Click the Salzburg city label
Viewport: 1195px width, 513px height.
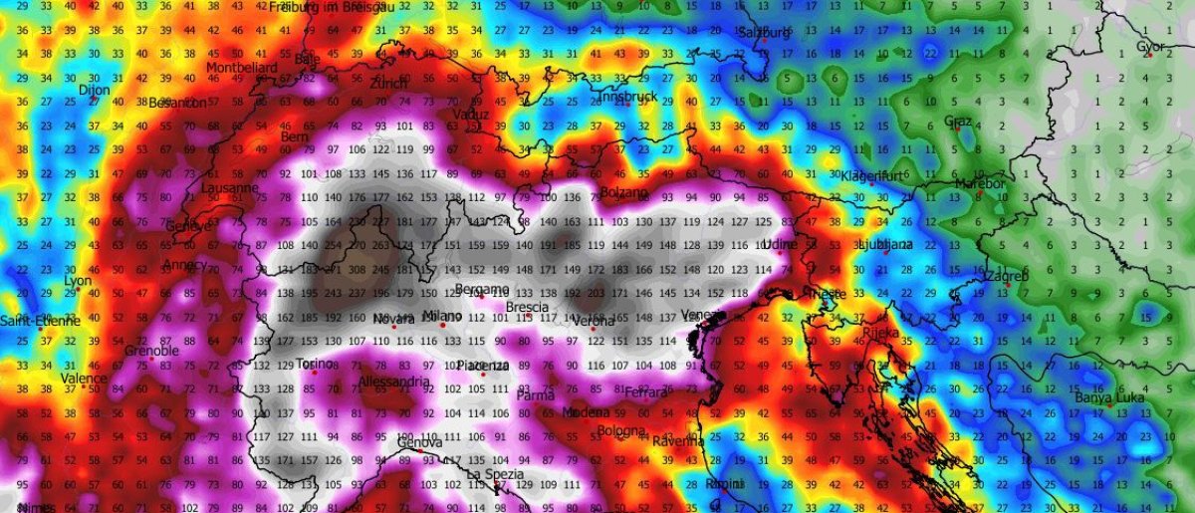[x=764, y=33]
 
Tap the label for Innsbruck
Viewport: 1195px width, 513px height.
[x=625, y=98]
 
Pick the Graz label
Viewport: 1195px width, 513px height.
[x=957, y=122]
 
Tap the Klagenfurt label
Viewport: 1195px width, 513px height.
[x=871, y=175]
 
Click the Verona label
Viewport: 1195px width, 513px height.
[x=596, y=321]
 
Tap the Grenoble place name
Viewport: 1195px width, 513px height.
[x=152, y=352]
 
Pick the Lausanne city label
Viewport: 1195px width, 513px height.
[x=230, y=187]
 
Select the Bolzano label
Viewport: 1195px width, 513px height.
[x=625, y=191]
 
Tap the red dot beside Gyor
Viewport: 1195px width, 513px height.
[x=1148, y=56]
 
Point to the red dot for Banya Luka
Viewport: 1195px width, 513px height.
[x=1120, y=389]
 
